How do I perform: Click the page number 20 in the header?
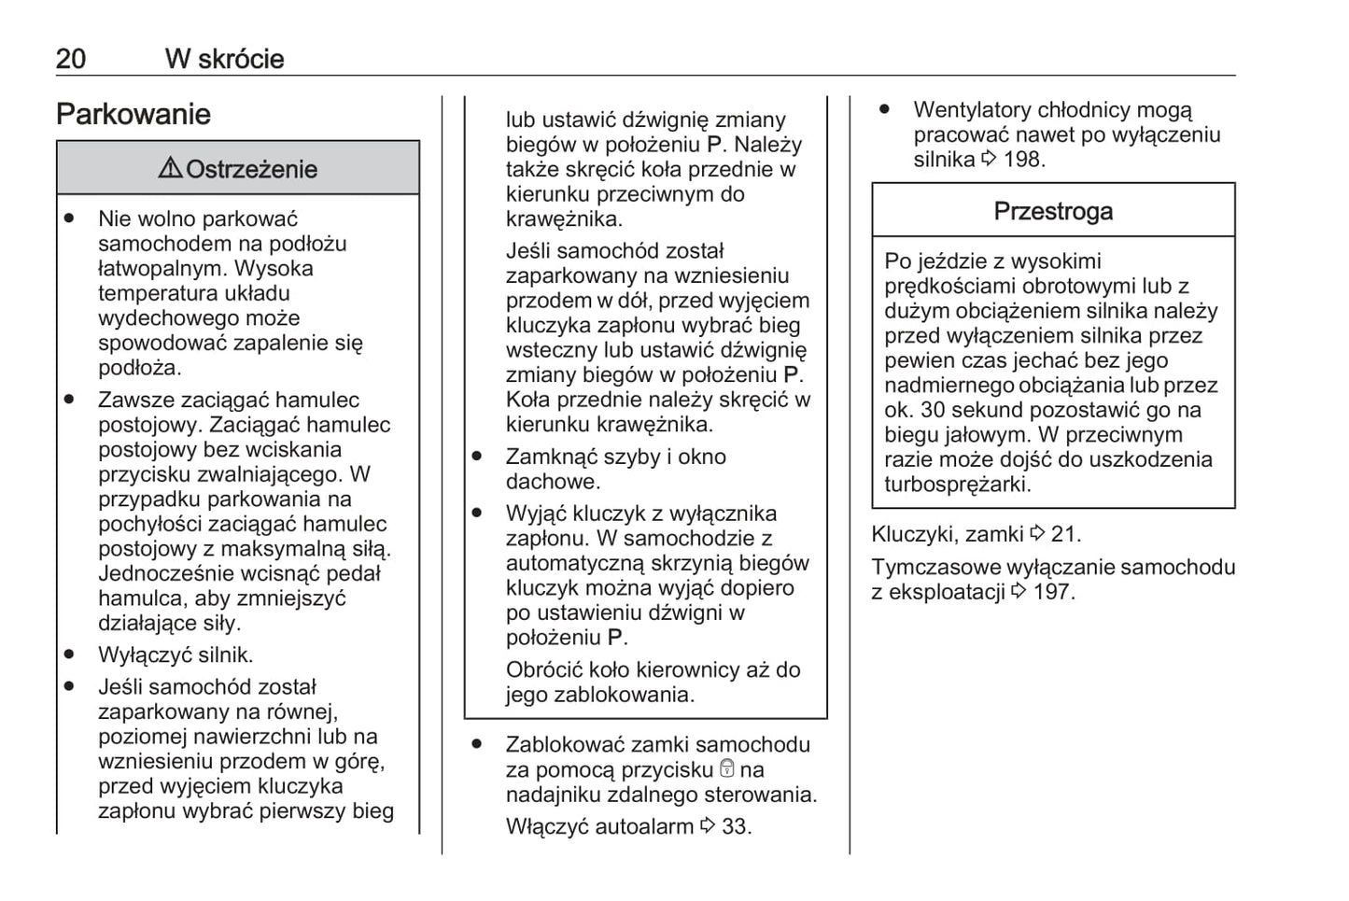click(71, 59)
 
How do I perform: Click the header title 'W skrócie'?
click(224, 59)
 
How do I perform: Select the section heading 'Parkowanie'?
click(133, 115)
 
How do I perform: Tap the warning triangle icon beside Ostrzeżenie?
click(170, 168)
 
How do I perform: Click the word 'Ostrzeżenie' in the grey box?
click(251, 169)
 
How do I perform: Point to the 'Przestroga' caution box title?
click(1052, 211)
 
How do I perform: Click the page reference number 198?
click(1023, 160)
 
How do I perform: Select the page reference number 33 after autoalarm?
click(736, 826)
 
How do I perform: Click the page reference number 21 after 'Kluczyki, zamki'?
click(1065, 534)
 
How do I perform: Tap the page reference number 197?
click(1054, 592)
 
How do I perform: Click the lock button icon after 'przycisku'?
click(727, 769)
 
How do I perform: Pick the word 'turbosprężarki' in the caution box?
click(957, 485)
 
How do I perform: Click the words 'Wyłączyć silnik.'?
click(176, 655)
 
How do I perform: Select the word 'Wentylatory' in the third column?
click(972, 110)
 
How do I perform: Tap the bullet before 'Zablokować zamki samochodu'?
click(477, 744)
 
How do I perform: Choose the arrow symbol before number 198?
click(990, 160)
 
